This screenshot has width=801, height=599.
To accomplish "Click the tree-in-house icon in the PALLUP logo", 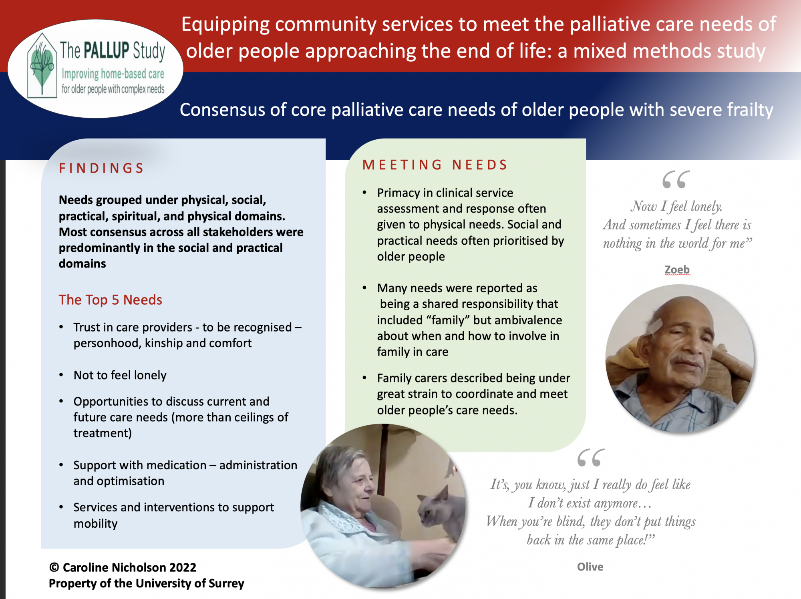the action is [x=42, y=66].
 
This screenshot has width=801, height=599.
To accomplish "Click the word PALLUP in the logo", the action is [x=107, y=50].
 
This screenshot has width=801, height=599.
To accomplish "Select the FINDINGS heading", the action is [x=101, y=168].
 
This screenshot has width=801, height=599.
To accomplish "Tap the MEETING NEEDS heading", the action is [x=435, y=165].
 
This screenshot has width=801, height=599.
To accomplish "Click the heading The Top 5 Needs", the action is [x=111, y=300].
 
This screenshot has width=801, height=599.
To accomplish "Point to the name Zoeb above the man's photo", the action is [x=677, y=270].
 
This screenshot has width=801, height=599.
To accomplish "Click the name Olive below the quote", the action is [x=590, y=567].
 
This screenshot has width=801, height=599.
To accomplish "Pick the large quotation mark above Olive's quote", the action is [x=591, y=457].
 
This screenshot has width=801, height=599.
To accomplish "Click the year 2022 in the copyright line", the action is [x=183, y=567].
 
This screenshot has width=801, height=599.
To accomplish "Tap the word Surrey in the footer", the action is [x=225, y=583].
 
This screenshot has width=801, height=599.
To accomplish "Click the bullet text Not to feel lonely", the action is [x=120, y=375].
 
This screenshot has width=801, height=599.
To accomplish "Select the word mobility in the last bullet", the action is [x=96, y=524].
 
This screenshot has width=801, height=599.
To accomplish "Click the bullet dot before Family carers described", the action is [x=364, y=378].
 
